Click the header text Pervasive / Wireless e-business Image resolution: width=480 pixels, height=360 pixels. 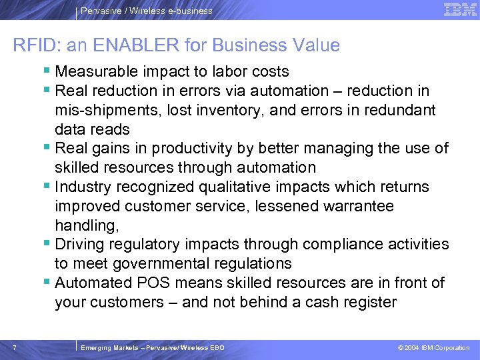(147, 11)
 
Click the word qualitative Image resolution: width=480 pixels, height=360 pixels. (255, 187)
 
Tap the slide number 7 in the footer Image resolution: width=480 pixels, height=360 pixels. (15, 347)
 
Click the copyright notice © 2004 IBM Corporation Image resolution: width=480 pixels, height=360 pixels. (433, 348)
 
